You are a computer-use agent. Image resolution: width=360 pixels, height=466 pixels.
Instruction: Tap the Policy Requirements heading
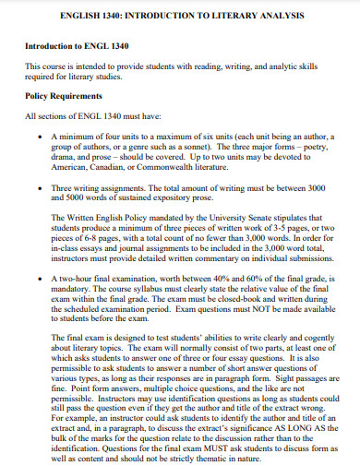[66, 95]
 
